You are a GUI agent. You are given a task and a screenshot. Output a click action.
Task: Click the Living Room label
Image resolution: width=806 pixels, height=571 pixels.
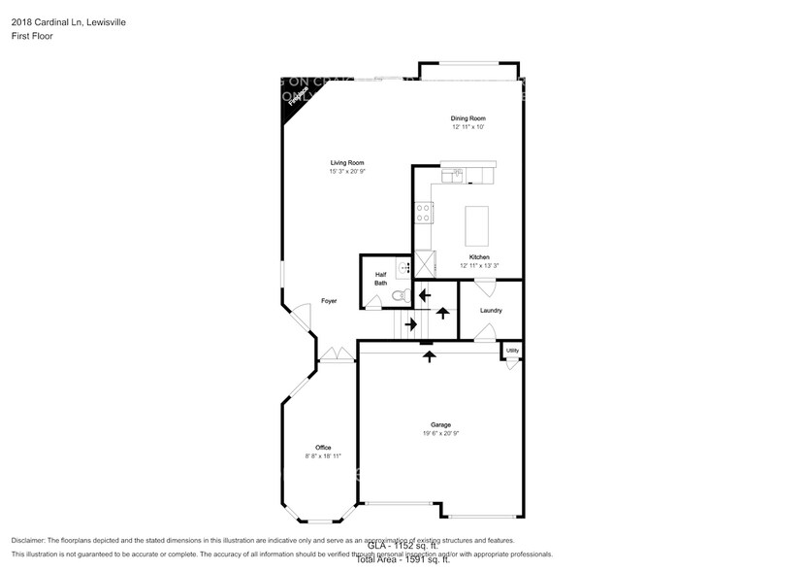click(346, 162)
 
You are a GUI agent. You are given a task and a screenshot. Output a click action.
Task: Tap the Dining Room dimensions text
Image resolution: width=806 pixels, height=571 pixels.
click(467, 127)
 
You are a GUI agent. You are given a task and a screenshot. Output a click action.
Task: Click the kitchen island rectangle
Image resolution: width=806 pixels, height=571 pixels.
click(478, 225)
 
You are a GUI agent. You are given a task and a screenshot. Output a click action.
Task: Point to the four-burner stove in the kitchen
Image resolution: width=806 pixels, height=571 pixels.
click(424, 213)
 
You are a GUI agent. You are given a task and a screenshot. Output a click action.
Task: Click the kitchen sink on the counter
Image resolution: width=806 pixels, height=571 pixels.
click(453, 175)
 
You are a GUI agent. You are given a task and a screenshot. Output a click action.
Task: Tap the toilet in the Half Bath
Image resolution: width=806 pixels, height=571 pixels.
click(398, 296)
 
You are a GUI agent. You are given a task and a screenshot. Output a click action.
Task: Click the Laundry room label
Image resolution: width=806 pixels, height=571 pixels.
click(491, 311)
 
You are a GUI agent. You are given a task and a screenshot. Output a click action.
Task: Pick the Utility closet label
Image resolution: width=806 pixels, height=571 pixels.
click(512, 351)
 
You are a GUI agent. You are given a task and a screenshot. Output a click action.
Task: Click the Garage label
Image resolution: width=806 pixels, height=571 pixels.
click(441, 424)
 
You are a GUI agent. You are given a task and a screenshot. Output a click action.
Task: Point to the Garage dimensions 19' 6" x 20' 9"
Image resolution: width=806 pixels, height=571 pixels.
click(441, 434)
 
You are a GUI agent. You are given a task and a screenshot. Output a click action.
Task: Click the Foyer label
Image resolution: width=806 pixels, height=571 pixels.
click(330, 301)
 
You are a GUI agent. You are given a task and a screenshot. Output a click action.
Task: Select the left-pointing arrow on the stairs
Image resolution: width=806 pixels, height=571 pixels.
click(424, 293)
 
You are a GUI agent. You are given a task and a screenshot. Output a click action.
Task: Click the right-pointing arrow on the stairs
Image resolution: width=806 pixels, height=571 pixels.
click(410, 323)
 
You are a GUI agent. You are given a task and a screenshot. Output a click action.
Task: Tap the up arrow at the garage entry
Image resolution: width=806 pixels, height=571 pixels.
click(430, 355)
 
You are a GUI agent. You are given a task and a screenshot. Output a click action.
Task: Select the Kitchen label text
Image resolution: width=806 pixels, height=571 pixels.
click(479, 257)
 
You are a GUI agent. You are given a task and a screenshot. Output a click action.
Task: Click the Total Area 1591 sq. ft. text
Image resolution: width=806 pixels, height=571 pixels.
click(403, 560)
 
